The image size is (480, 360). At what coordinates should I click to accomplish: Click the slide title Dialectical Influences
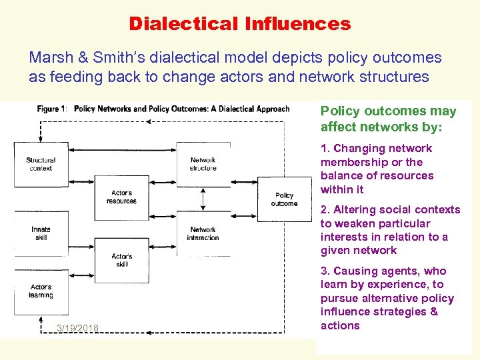click(240, 24)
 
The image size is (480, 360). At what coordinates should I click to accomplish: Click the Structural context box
click(41, 164)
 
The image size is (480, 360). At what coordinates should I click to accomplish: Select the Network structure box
click(203, 164)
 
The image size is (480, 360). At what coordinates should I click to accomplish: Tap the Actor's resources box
click(121, 197)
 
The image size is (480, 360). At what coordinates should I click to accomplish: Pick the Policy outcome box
click(284, 199)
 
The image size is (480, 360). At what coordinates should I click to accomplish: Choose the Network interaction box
click(203, 233)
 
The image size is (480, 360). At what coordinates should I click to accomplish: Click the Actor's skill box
click(121, 260)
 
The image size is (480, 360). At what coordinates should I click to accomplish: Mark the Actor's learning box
click(41, 291)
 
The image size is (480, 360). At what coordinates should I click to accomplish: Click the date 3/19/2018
click(78, 327)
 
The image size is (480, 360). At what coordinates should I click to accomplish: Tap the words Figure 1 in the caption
click(52, 109)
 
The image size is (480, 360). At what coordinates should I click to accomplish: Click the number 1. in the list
click(325, 149)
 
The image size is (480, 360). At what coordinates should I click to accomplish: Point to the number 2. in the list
click(325, 210)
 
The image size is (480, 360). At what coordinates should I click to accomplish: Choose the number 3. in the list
click(325, 271)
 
